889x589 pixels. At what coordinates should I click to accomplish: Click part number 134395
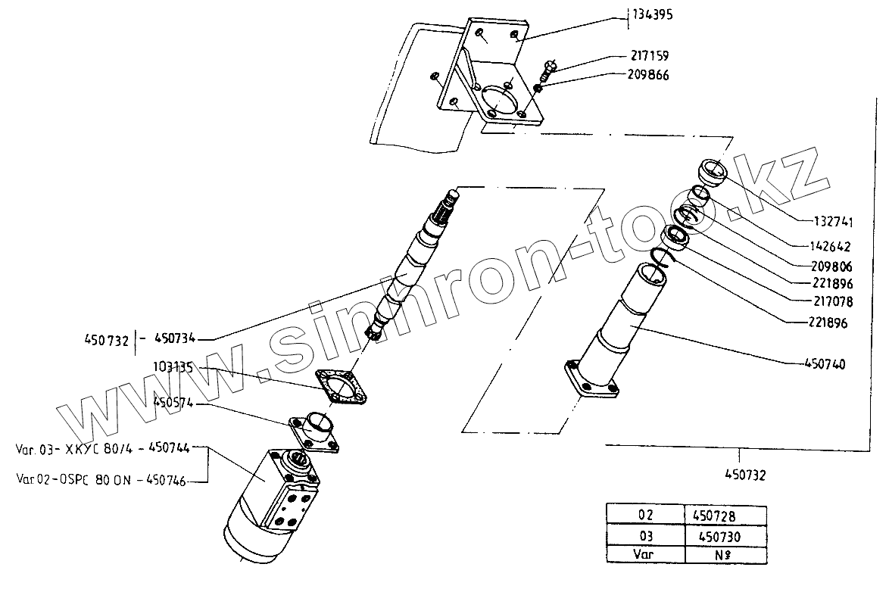[x=652, y=15]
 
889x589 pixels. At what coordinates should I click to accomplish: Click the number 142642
[x=831, y=247]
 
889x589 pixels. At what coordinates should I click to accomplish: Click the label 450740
[x=824, y=364]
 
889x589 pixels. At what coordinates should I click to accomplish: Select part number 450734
[x=181, y=338]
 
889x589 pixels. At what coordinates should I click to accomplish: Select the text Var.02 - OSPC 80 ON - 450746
[x=101, y=479]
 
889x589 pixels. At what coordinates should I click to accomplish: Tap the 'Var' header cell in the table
[x=644, y=555]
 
